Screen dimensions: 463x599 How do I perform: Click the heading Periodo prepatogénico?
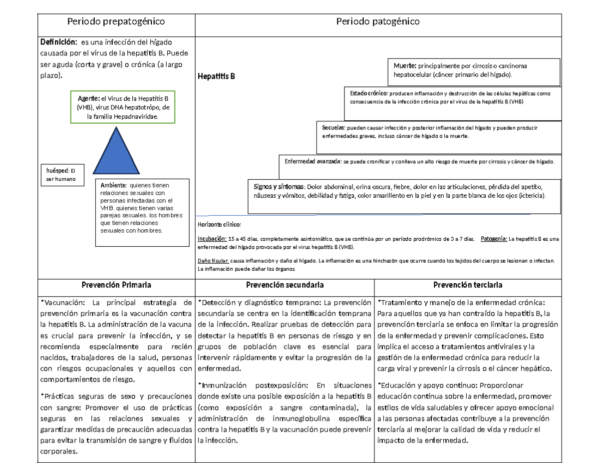pyautogui.click(x=116, y=21)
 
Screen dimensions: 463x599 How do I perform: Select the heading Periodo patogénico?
pyautogui.click(x=378, y=21)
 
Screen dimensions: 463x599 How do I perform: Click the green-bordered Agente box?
pyautogui.click(x=122, y=107)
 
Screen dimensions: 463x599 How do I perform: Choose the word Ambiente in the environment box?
pyautogui.click(x=113, y=185)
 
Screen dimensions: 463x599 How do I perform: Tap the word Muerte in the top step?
pyautogui.click(x=405, y=66)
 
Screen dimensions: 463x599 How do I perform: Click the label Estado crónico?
pyautogui.click(x=368, y=93)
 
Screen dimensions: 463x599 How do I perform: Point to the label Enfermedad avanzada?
pyautogui.click(x=312, y=162)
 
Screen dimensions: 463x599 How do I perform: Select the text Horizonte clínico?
pyautogui.click(x=219, y=225)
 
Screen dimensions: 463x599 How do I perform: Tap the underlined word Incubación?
pyautogui.click(x=212, y=239)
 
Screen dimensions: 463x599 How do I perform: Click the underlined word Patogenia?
pyautogui.click(x=494, y=239)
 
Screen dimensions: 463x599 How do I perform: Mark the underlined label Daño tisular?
pyautogui.click(x=213, y=261)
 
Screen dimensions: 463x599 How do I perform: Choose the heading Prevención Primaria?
pyautogui.click(x=116, y=285)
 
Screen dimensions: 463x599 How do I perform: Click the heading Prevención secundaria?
pyautogui.click(x=285, y=285)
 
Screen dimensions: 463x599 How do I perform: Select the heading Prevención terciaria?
pyautogui.click(x=468, y=285)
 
